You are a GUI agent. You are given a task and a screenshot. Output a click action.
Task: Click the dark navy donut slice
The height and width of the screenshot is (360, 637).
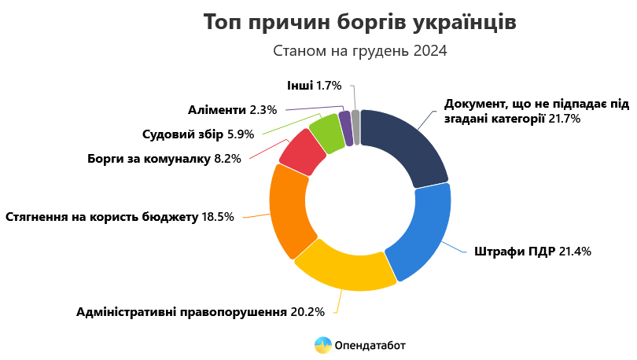pyautogui.click(x=405, y=145)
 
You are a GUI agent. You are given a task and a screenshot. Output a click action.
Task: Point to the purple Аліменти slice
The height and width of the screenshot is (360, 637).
pyautogui.click(x=344, y=125)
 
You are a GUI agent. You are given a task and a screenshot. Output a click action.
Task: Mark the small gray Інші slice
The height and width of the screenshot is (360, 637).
pyautogui.click(x=355, y=126)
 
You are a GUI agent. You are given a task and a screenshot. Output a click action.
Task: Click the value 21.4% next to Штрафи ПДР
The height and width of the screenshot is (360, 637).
pyautogui.click(x=575, y=252)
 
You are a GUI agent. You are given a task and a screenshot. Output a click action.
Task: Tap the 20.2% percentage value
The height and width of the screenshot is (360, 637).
pyautogui.click(x=307, y=312)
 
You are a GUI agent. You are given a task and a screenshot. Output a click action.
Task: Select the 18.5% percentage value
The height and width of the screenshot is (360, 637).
pyautogui.click(x=218, y=216)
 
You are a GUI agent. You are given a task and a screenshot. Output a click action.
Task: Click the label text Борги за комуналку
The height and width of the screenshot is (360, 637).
pyautogui.click(x=149, y=159)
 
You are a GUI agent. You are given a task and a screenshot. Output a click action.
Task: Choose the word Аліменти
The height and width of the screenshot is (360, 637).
pyautogui.click(x=216, y=108)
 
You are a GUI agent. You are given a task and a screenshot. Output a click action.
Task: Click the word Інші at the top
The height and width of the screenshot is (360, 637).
pyautogui.click(x=300, y=84)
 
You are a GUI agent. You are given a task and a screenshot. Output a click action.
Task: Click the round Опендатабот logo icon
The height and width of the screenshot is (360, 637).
pyautogui.click(x=323, y=344)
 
